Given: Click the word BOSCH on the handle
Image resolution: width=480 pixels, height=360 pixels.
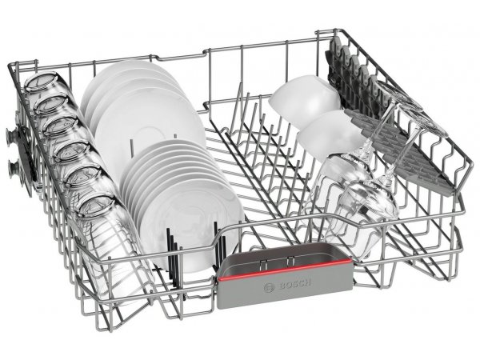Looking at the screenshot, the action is pos(295,284).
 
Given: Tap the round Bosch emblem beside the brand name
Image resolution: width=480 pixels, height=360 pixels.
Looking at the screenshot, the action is pos(269,287).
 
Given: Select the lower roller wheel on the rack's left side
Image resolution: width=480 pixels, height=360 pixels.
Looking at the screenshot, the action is pos(14,168).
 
